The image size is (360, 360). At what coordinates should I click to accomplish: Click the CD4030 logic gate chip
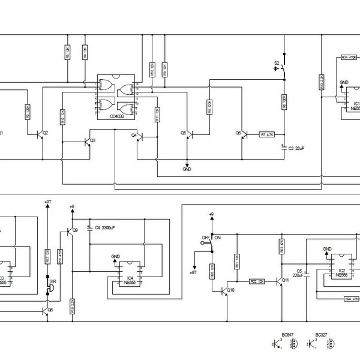pos(116,97)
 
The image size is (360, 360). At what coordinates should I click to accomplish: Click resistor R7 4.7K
pos(266,134)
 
